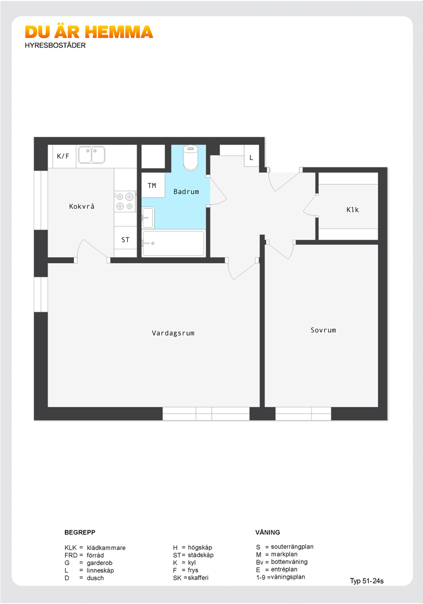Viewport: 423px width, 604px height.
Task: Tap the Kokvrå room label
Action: (82, 207)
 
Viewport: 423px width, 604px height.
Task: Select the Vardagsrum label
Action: (173, 333)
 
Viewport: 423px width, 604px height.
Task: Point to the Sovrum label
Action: (323, 330)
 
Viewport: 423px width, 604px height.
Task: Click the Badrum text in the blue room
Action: (186, 191)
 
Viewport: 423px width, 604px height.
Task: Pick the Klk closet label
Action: (353, 209)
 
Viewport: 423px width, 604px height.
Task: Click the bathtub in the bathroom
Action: (173, 243)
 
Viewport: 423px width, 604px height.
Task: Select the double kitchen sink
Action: (92, 155)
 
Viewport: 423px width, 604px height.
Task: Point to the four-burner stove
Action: (125, 201)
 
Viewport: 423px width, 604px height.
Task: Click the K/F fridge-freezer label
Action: (63, 156)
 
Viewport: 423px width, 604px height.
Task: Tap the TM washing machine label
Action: (152, 186)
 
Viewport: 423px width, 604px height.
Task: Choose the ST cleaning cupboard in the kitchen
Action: (126, 240)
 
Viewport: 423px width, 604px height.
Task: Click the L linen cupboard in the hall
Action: (251, 157)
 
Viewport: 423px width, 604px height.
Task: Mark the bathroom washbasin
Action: (148, 218)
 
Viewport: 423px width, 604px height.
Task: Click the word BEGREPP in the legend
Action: (80, 532)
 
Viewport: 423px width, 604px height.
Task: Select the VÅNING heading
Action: (267, 532)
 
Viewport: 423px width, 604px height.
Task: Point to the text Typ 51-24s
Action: (367, 581)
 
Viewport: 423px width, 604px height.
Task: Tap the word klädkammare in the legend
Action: (106, 548)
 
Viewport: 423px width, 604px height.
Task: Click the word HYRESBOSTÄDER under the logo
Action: (55, 45)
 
